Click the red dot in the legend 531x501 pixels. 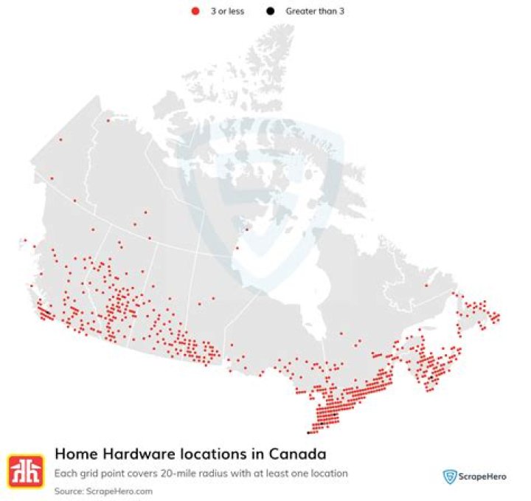[195, 12]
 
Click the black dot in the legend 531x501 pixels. [270, 12]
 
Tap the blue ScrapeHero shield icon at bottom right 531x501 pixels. [448, 477]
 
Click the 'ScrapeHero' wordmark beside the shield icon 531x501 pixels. [483, 477]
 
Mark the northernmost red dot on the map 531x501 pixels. [108, 120]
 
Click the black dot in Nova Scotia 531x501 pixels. [431, 378]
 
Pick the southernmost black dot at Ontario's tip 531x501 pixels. [308, 433]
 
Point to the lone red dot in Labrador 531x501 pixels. [426, 286]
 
